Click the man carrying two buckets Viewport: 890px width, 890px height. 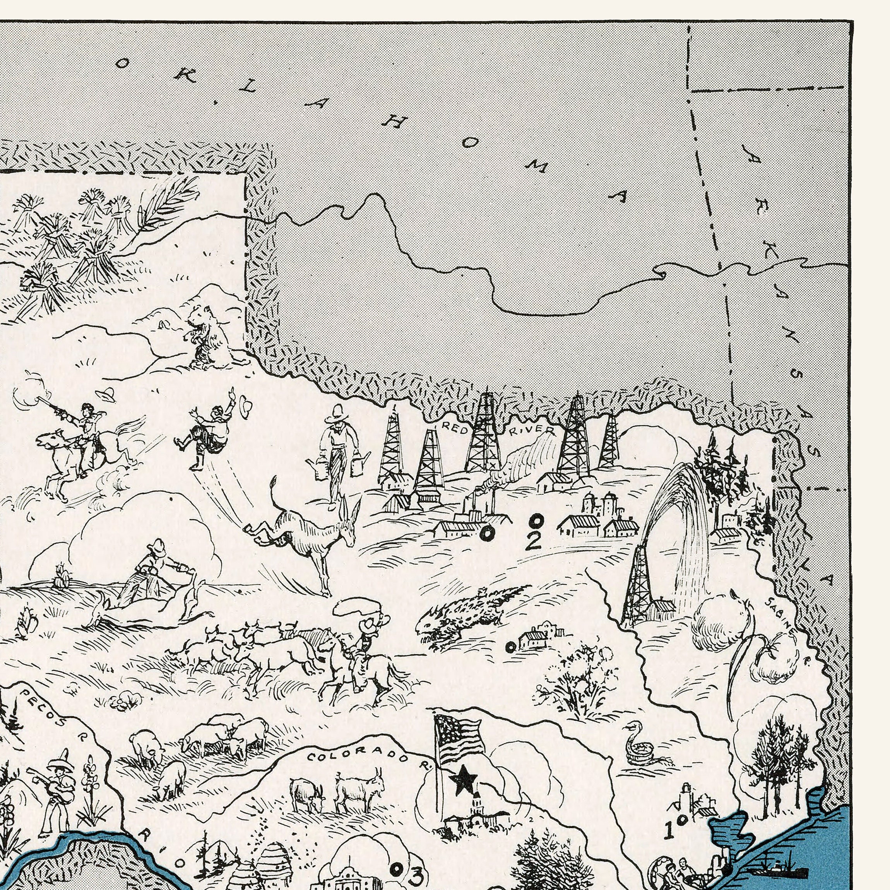point(339,454)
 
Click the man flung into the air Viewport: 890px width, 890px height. point(210,431)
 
